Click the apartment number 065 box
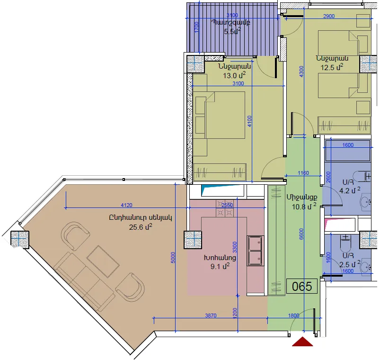pos(302,286)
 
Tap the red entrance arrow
pos(302,342)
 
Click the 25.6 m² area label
pos(141,227)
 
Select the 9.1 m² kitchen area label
pos(220,266)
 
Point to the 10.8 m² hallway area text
pos(304,207)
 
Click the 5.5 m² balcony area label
pos(232,31)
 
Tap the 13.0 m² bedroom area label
pos(234,75)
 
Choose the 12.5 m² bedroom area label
pos(332,67)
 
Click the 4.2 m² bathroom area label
pos(350,190)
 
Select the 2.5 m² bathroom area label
pos(350,264)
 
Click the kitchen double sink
pos(255,251)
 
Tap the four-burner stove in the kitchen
pos(225,208)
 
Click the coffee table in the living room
pos(103,261)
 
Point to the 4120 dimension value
pos(126,205)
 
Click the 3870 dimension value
pos(211,315)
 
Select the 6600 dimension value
pos(301,234)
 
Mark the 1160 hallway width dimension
pos(303,173)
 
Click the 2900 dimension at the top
pos(329,16)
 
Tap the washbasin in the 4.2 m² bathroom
pos(365,201)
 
